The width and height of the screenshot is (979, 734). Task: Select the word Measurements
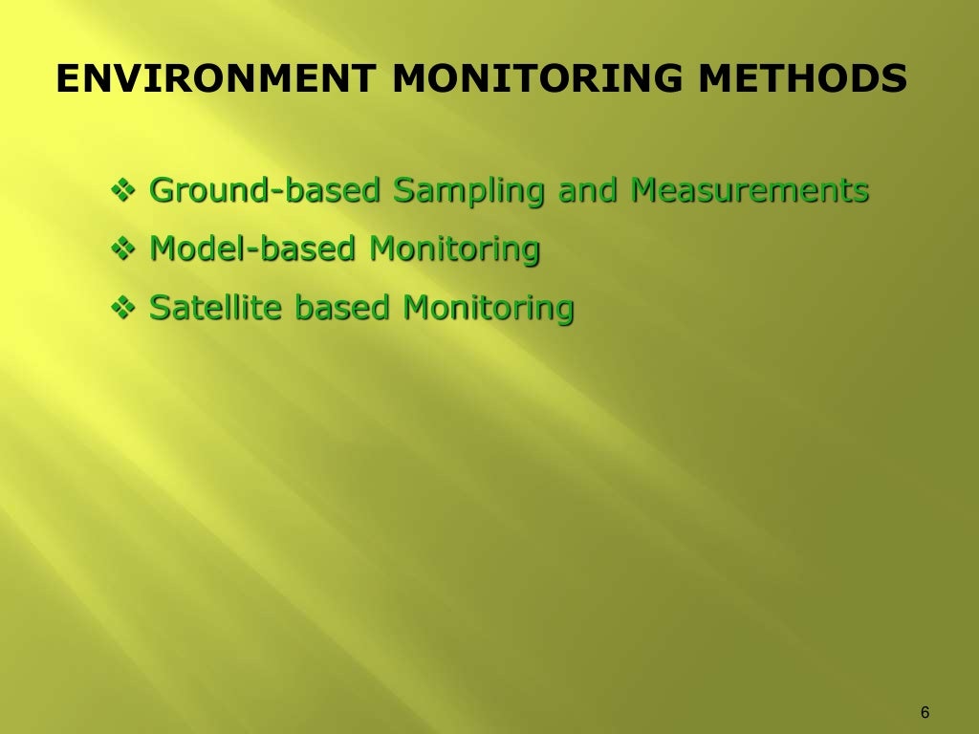click(750, 190)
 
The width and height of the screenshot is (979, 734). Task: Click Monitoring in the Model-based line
click(455, 251)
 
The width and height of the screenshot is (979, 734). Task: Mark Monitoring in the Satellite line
click(489, 310)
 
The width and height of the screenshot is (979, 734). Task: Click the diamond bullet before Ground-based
click(126, 191)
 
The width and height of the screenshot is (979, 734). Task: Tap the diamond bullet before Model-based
click(126, 250)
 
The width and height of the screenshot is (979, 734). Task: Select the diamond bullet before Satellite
click(126, 309)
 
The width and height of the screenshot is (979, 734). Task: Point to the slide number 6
click(925, 712)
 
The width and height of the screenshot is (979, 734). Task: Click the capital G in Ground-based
click(163, 190)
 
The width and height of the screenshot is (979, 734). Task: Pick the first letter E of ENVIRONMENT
click(67, 79)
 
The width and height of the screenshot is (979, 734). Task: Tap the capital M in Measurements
click(646, 190)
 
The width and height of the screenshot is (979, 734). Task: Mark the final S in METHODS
click(893, 79)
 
